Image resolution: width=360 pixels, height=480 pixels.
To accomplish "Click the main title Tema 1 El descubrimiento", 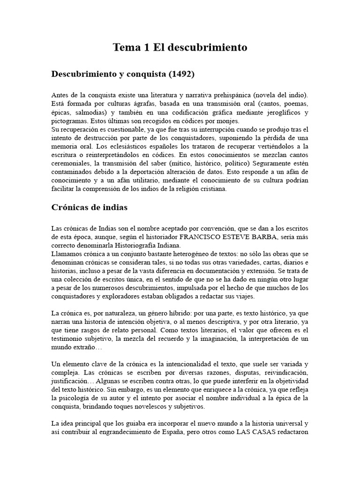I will pos(180,47).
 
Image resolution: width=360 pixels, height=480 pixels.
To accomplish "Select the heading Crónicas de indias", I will pos(90,207).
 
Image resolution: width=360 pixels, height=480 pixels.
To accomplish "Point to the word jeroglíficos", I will pos(276,112).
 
